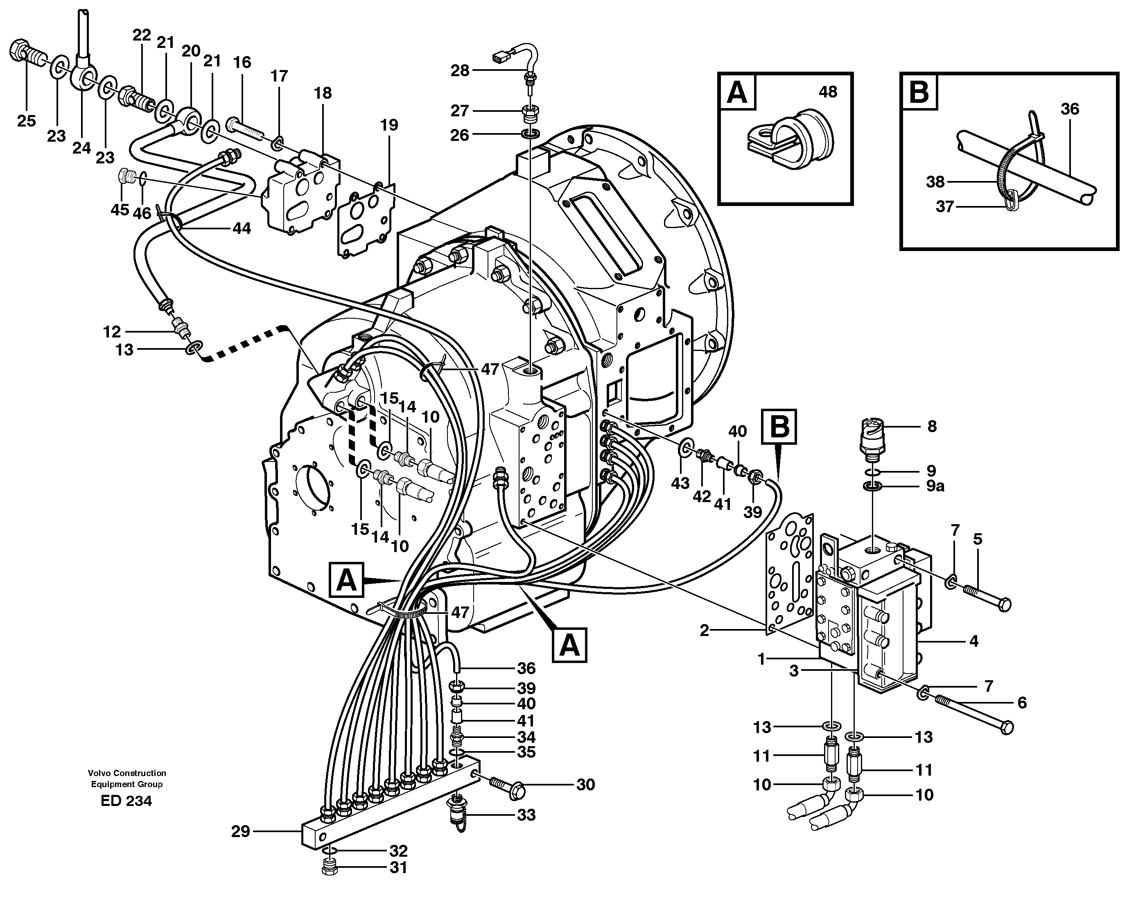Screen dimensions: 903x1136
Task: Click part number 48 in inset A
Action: click(828, 92)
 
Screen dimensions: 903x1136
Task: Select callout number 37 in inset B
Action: click(945, 207)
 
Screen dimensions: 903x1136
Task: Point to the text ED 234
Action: click(126, 801)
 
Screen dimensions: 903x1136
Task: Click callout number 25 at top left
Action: click(26, 121)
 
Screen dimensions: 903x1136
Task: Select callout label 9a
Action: click(935, 486)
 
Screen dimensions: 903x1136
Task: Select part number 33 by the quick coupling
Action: click(526, 815)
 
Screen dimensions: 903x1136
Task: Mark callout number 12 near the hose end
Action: click(112, 332)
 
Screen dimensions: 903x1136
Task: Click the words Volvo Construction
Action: click(126, 773)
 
